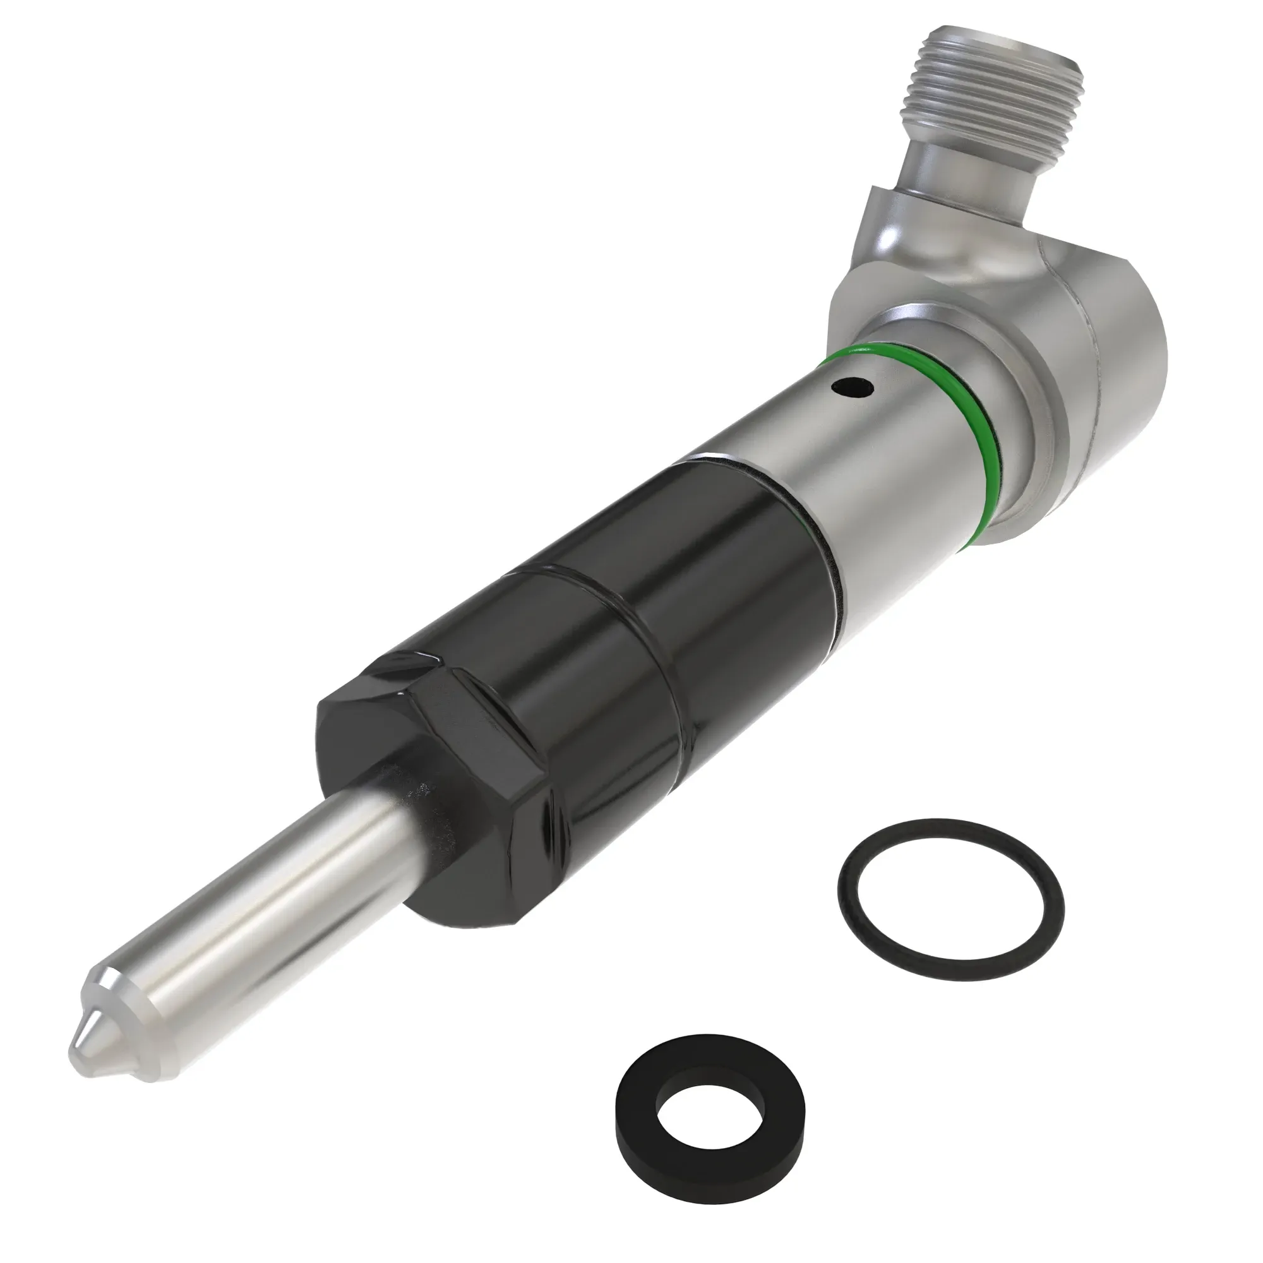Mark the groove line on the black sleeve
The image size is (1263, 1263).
coord(589,589)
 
